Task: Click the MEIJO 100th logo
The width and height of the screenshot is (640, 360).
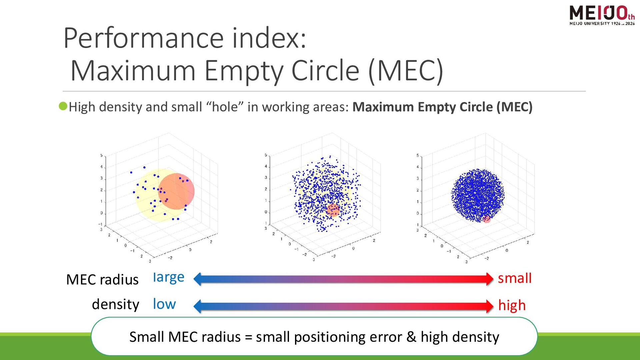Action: [602, 15]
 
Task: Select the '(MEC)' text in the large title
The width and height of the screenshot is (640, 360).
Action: [406, 71]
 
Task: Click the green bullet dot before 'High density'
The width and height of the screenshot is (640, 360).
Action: [63, 106]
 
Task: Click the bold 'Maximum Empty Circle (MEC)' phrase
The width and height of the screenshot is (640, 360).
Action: [442, 107]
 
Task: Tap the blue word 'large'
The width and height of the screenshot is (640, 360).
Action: [168, 277]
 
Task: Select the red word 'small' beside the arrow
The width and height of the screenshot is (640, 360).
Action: [514, 278]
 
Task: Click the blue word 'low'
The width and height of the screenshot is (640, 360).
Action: [164, 304]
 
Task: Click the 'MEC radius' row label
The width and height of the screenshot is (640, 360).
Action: [102, 280]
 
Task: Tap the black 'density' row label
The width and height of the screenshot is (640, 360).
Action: [115, 304]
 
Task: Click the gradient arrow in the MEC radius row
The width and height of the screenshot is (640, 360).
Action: [343, 279]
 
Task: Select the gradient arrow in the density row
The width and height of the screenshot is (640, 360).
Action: [343, 306]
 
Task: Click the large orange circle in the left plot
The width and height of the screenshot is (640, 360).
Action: [176, 191]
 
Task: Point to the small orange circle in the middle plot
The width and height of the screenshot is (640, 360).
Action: [333, 210]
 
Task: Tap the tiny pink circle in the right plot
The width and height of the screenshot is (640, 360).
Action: [487, 219]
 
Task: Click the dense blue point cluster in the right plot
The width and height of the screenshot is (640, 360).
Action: [477, 195]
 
